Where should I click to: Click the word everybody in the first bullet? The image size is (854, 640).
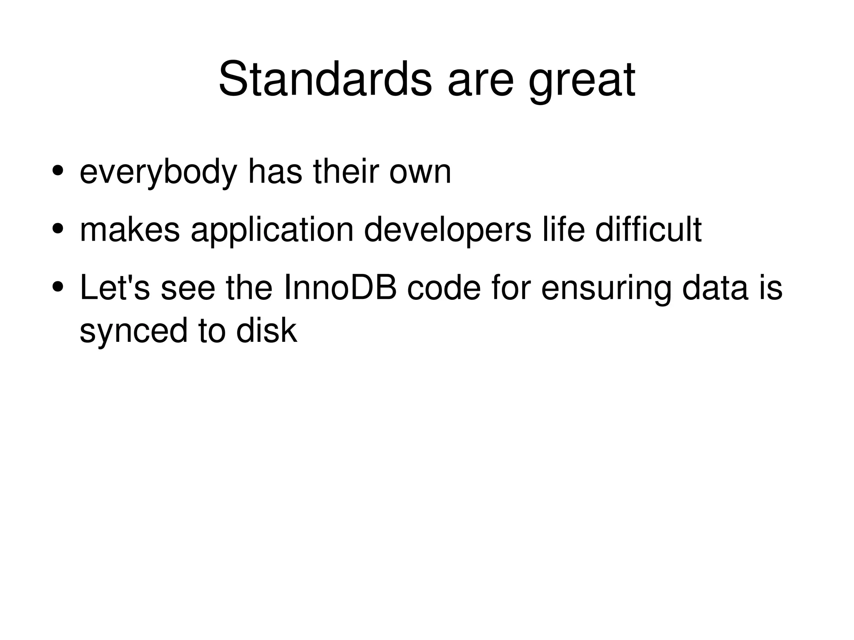click(x=158, y=173)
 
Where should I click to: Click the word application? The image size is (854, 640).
click(x=272, y=231)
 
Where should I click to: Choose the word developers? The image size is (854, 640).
click(x=447, y=231)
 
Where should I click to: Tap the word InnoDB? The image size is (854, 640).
click(x=339, y=288)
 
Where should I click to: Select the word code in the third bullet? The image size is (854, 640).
click(x=444, y=288)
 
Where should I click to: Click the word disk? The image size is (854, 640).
click(x=266, y=330)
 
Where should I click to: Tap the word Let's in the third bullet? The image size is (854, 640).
click(x=114, y=288)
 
